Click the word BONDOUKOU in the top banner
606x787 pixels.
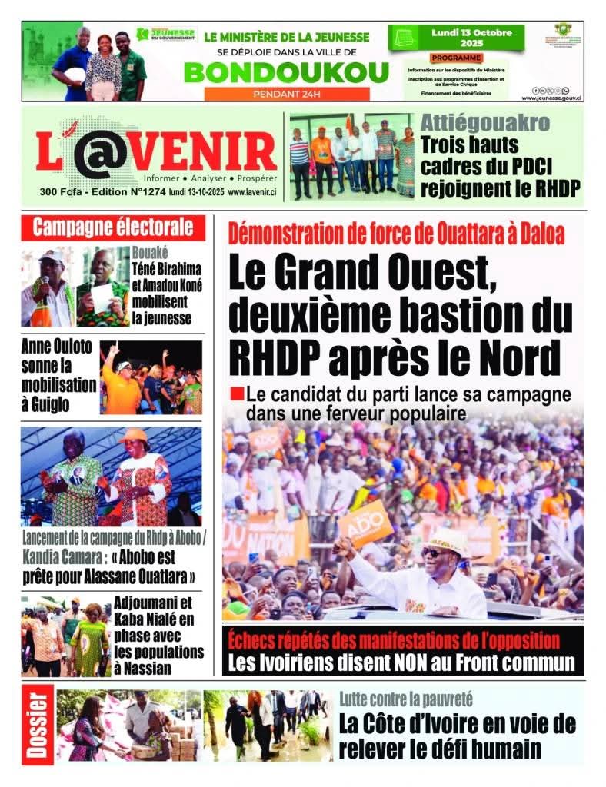coord(287,71)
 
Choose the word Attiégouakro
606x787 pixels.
coord(485,123)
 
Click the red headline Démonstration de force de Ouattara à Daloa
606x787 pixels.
coord(396,232)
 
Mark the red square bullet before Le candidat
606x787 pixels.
coord(236,395)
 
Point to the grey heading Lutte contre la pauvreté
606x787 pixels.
coord(406,699)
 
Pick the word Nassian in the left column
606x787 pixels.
coord(143,668)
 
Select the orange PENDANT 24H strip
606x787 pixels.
coord(287,94)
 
